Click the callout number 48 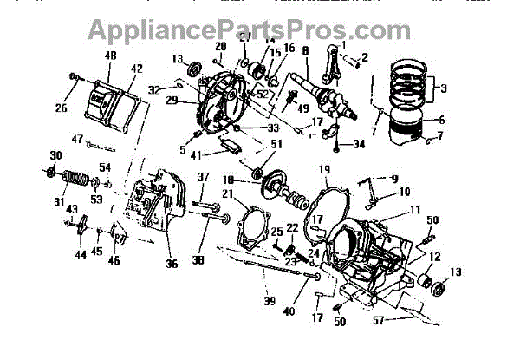click(111, 56)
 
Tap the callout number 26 click(60, 109)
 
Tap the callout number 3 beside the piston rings click(445, 88)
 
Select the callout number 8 click(307, 52)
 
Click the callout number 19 click(325, 168)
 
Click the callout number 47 click(77, 140)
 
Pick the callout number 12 click(432, 257)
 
